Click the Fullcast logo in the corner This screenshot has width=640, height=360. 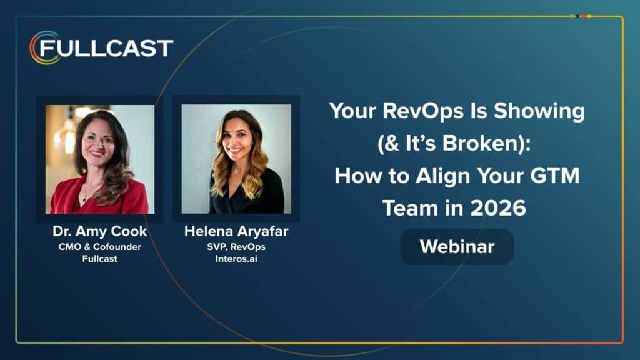(x=101, y=47)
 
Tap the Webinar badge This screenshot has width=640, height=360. (x=457, y=247)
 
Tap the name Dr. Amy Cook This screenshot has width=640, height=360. (x=99, y=231)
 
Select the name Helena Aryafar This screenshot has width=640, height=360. (x=236, y=231)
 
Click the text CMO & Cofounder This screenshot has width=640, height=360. (x=99, y=247)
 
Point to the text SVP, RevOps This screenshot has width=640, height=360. (x=236, y=247)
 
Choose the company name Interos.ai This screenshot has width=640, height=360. (x=236, y=259)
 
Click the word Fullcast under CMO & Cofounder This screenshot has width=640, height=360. (x=99, y=259)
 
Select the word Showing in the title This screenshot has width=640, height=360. (x=539, y=111)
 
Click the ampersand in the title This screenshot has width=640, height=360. (x=392, y=143)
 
